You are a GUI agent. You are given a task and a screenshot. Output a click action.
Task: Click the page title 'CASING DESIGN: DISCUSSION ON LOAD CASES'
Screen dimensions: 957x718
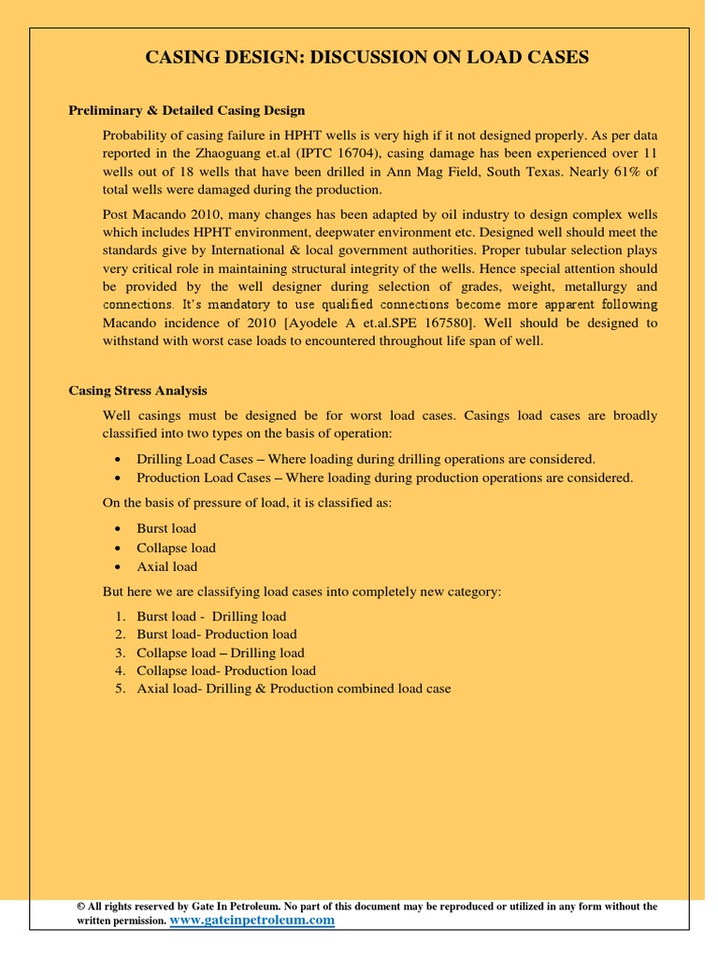pos(367,58)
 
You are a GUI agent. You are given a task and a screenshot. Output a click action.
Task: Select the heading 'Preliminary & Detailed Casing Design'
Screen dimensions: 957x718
pos(187,111)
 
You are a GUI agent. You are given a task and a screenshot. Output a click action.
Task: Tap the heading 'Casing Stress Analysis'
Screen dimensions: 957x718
pos(138,391)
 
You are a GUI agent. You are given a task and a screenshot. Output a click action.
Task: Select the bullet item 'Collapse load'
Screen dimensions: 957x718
pos(176,548)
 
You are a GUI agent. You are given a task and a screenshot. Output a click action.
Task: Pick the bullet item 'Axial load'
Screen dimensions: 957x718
pos(166,566)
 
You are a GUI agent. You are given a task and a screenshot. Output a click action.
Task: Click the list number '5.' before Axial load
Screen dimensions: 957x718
pos(121,689)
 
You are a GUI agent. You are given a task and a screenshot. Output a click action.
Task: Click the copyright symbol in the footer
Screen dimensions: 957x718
pos(81,907)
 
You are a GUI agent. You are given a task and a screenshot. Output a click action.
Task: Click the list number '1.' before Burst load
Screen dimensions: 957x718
pos(121,616)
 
